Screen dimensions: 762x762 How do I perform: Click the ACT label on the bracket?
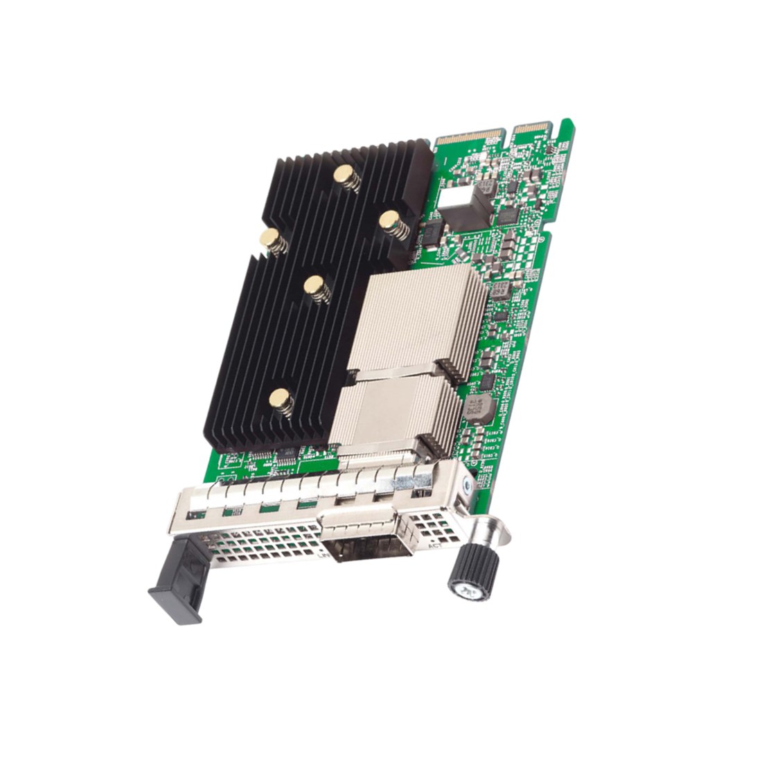tap(435, 546)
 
